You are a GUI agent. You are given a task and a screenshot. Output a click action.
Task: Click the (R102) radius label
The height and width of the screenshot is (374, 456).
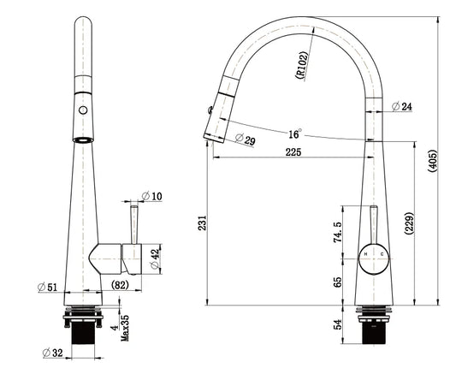[301, 65]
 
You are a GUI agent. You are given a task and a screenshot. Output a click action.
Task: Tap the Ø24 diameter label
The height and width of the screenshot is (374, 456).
[402, 107]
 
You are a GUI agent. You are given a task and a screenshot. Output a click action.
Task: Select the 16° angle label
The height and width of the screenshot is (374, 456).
[294, 134]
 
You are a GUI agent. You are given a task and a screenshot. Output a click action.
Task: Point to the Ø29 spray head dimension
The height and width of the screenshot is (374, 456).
[245, 139]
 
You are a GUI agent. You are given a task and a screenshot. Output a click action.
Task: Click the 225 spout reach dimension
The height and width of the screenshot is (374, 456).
[293, 151]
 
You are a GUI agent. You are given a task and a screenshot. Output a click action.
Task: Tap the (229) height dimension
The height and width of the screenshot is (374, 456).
[409, 223]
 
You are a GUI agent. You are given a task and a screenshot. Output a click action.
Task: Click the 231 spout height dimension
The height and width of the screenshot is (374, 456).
[202, 223]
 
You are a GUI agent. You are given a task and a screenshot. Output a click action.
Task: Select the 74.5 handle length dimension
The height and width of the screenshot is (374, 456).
[338, 232]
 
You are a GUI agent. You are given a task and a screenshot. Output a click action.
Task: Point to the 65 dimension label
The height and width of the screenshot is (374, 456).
[338, 282]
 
